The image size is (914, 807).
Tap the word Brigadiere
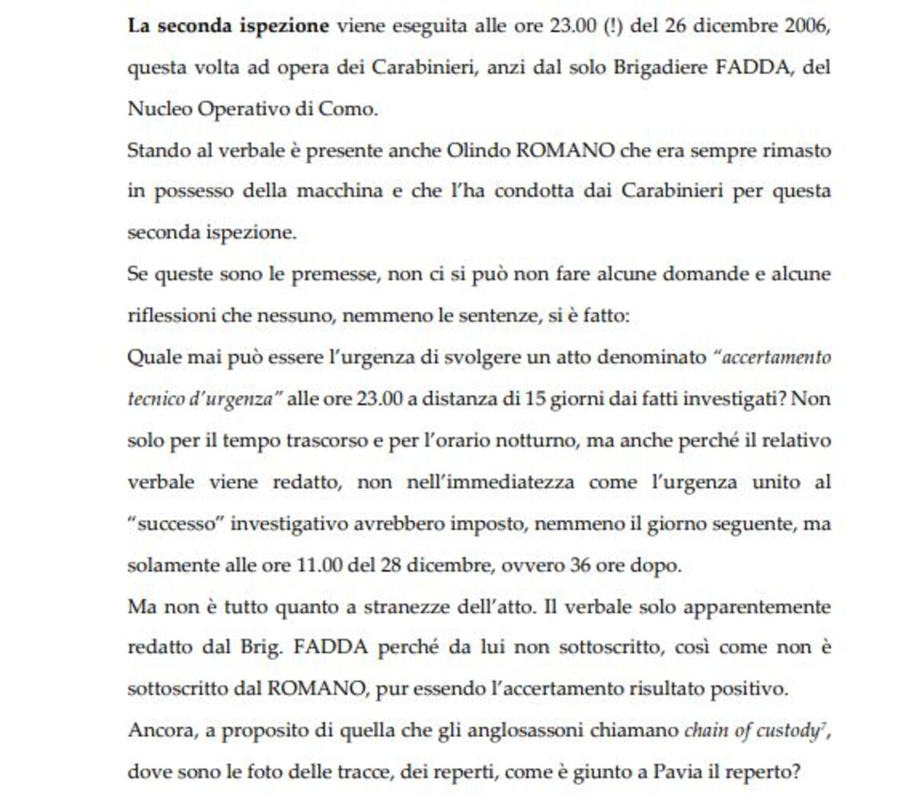click(658, 67)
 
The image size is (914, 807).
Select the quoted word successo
click(175, 524)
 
